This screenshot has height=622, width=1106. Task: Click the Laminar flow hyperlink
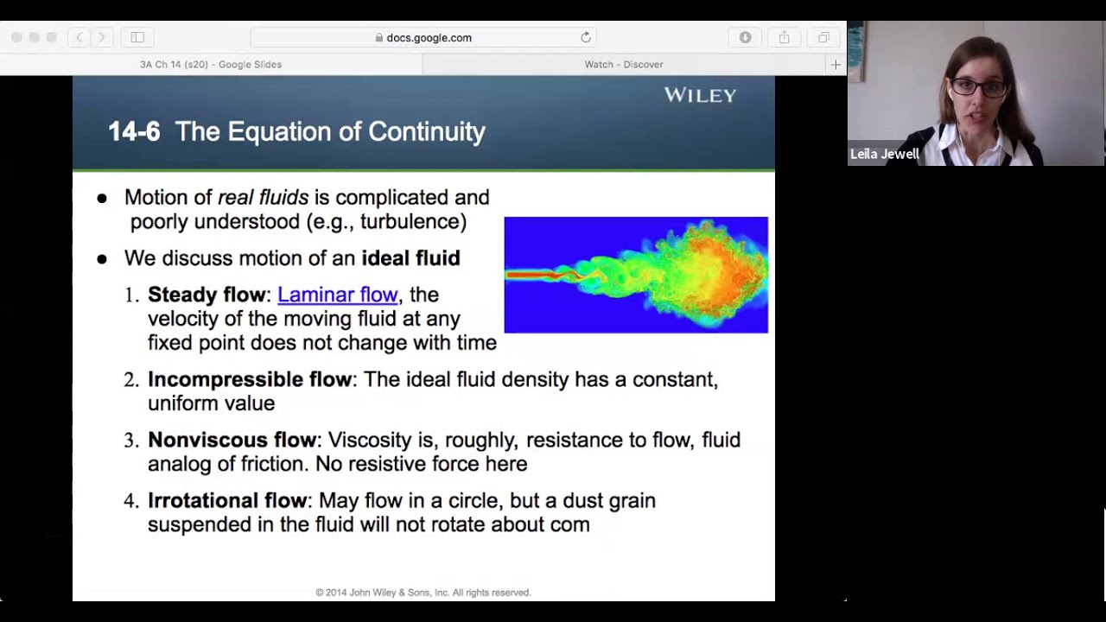click(x=337, y=295)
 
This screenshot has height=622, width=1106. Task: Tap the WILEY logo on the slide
click(x=700, y=95)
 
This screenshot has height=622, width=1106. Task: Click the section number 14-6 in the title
click(x=134, y=131)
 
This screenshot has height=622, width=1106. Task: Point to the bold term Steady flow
click(x=207, y=295)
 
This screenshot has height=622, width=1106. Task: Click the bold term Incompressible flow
click(x=249, y=379)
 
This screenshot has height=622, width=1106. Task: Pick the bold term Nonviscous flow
click(x=232, y=440)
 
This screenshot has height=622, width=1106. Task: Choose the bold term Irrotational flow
click(x=226, y=500)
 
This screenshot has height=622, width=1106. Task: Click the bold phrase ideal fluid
click(x=410, y=258)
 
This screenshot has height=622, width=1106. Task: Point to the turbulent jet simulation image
click(x=636, y=275)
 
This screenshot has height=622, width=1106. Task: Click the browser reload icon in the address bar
click(x=586, y=37)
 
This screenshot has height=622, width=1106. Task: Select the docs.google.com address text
click(x=429, y=38)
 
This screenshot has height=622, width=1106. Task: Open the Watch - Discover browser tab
click(x=623, y=64)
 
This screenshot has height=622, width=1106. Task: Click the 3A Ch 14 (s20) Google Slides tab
click(x=211, y=64)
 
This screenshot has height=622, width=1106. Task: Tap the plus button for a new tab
click(x=836, y=64)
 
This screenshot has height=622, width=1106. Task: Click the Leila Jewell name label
click(x=885, y=155)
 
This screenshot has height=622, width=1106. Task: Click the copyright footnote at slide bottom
click(x=423, y=593)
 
